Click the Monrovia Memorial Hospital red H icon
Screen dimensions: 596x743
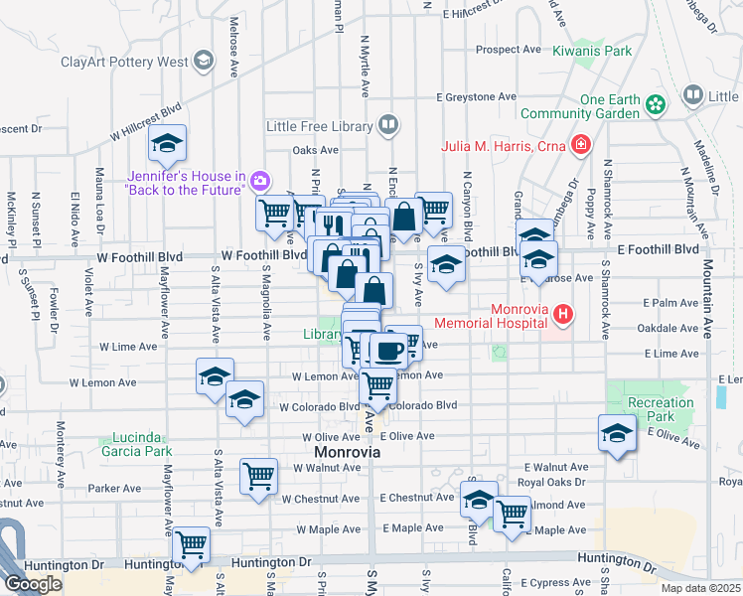tap(563, 316)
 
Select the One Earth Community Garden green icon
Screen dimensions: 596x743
tap(655, 104)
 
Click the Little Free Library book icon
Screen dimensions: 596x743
tap(388, 126)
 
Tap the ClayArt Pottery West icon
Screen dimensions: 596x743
tap(204, 62)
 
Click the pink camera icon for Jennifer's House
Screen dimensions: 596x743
tap(259, 180)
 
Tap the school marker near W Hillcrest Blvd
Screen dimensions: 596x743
tap(168, 144)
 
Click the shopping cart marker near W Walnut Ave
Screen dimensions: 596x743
tap(258, 475)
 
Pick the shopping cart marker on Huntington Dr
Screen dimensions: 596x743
tap(191, 544)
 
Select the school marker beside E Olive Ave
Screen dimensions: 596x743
tap(617, 433)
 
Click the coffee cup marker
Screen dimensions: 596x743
tap(387, 350)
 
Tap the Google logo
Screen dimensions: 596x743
tap(33, 583)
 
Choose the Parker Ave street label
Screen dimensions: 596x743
tap(114, 489)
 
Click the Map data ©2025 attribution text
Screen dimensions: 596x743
tap(700, 588)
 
